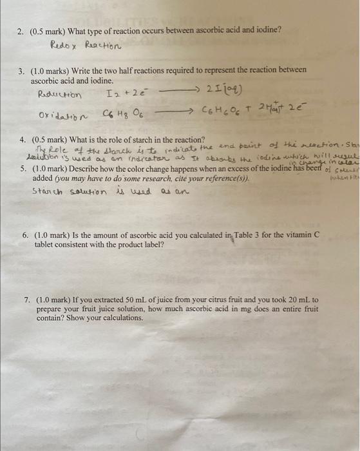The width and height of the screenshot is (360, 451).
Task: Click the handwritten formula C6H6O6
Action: click(223, 115)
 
